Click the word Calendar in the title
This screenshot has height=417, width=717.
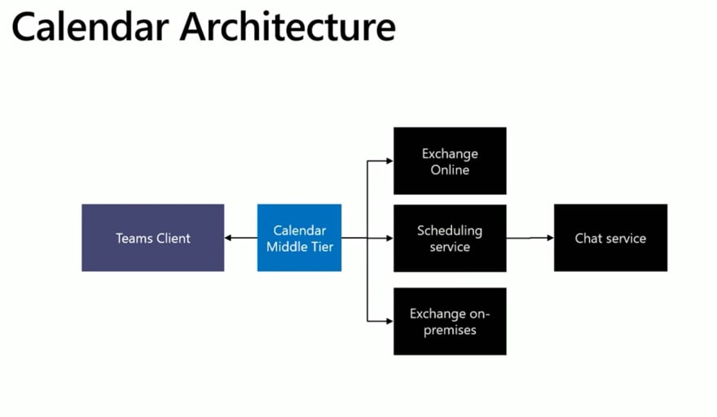coord(90,27)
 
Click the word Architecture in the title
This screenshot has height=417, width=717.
coord(288,27)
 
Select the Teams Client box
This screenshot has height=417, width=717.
coord(152,238)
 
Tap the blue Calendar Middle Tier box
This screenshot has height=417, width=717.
coord(300,238)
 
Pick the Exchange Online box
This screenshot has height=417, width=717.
coord(450,161)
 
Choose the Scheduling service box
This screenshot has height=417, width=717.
coord(450,238)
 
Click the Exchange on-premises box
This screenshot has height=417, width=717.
coord(450,321)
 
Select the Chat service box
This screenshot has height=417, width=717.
coord(610,238)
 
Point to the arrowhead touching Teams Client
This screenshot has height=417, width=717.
coord(227,238)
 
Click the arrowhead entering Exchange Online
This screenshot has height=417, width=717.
coord(389,161)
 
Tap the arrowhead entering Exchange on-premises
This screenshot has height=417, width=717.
coord(389,321)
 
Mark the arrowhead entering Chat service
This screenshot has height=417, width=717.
coord(551,238)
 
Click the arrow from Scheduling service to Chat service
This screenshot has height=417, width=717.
coord(530,238)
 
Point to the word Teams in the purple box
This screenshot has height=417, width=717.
coord(134,238)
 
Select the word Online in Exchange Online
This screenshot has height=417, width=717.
coord(450,169)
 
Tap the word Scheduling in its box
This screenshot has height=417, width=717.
coord(450,231)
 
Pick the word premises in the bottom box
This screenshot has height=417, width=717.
coord(450,330)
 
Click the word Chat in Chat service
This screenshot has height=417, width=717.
coord(587,238)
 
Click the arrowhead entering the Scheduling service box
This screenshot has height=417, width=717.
coord(389,238)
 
